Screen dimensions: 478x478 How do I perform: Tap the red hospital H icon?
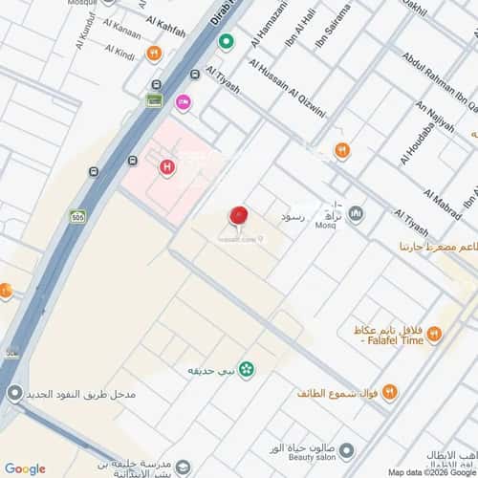tap(167, 167)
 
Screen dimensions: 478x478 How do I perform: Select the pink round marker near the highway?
tap(183, 100)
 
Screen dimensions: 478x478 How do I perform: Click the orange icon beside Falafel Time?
tap(435, 333)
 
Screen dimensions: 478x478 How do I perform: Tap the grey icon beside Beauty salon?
tap(346, 450)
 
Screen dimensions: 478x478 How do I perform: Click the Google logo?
tap(24, 468)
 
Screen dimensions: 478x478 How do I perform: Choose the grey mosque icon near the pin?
tap(356, 212)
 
